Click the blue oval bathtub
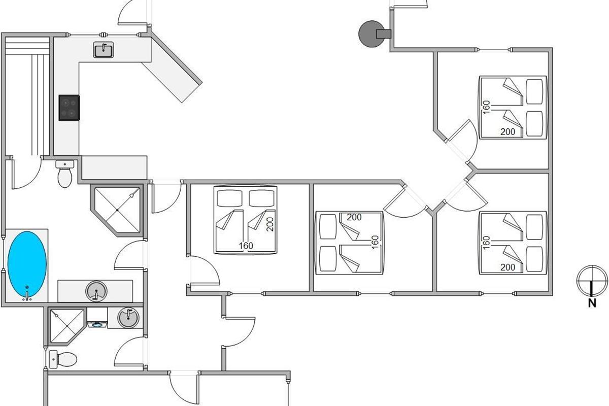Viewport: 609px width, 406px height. [27, 264]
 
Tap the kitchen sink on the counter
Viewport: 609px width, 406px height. [104, 50]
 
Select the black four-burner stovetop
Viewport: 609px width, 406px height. [69, 108]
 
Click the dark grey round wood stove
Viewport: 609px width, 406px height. [372, 33]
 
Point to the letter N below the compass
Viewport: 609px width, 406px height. [592, 303]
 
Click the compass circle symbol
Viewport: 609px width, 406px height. [592, 281]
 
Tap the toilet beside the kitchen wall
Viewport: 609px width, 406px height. [65, 174]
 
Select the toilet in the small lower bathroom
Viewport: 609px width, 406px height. [63, 359]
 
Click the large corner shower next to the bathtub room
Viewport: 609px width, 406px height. [117, 210]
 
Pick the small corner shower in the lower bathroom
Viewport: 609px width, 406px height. [66, 326]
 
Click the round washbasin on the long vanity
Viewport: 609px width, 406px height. [96, 291]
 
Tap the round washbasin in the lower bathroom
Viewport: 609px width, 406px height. [128, 317]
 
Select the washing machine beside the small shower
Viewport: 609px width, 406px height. [97, 318]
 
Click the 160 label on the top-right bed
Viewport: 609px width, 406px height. [486, 107]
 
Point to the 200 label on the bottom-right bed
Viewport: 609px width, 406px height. [507, 267]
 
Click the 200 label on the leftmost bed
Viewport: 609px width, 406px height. [269, 224]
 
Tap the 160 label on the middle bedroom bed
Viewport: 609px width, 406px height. [375, 242]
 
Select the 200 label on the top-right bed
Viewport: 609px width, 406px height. [507, 132]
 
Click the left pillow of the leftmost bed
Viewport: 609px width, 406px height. [229, 198]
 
